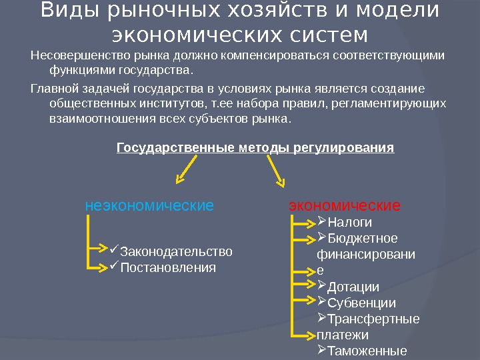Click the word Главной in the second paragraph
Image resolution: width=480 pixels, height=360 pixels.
coord(55,89)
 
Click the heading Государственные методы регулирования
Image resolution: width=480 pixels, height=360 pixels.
coord(255,147)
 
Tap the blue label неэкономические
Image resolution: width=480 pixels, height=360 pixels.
coord(149,205)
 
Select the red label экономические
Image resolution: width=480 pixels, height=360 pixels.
coord(344,205)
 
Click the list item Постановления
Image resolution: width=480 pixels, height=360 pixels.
coord(168,267)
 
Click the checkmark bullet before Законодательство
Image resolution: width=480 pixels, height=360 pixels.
coord(113,251)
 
